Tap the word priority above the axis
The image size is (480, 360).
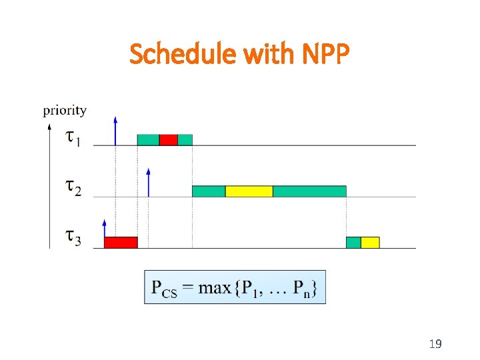coord(65,110)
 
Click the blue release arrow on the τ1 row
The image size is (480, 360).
coord(115,131)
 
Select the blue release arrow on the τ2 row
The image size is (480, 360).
coord(148,182)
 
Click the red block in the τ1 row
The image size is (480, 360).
coord(169,139)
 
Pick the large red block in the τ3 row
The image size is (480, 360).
coord(121,242)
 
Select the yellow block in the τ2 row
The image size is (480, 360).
coord(249,191)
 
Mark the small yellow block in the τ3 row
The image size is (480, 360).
coord(370,242)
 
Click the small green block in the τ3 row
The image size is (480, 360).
coord(353,242)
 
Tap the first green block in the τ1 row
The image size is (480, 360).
coord(148,139)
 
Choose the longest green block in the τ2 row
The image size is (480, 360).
coord(309,191)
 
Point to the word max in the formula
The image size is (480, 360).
coord(214,287)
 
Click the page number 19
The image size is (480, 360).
coord(435,344)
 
